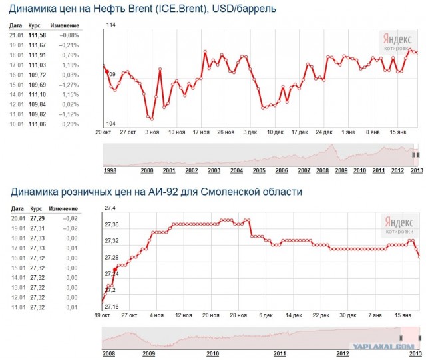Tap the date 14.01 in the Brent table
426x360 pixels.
(16, 95)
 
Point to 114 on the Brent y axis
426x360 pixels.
(111, 25)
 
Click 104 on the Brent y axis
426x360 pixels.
(111, 124)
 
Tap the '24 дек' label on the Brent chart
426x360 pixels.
(324, 132)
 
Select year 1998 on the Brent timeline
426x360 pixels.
(110, 170)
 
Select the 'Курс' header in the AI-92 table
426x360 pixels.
(37, 208)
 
